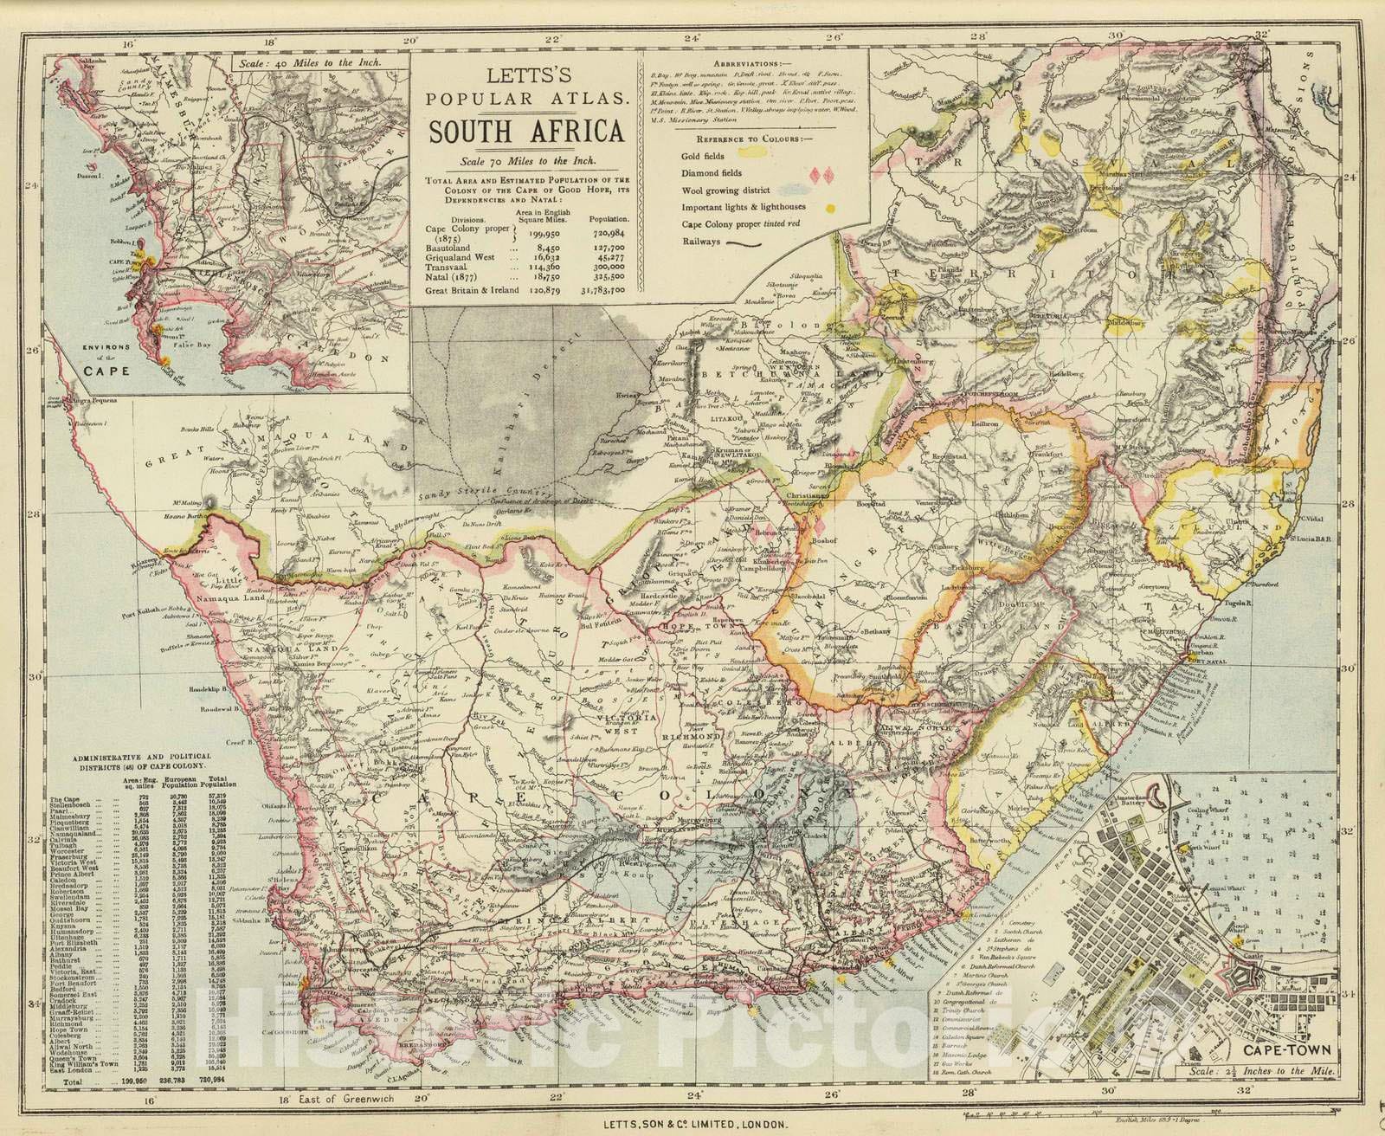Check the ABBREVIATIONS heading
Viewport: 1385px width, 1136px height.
point(753,64)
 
